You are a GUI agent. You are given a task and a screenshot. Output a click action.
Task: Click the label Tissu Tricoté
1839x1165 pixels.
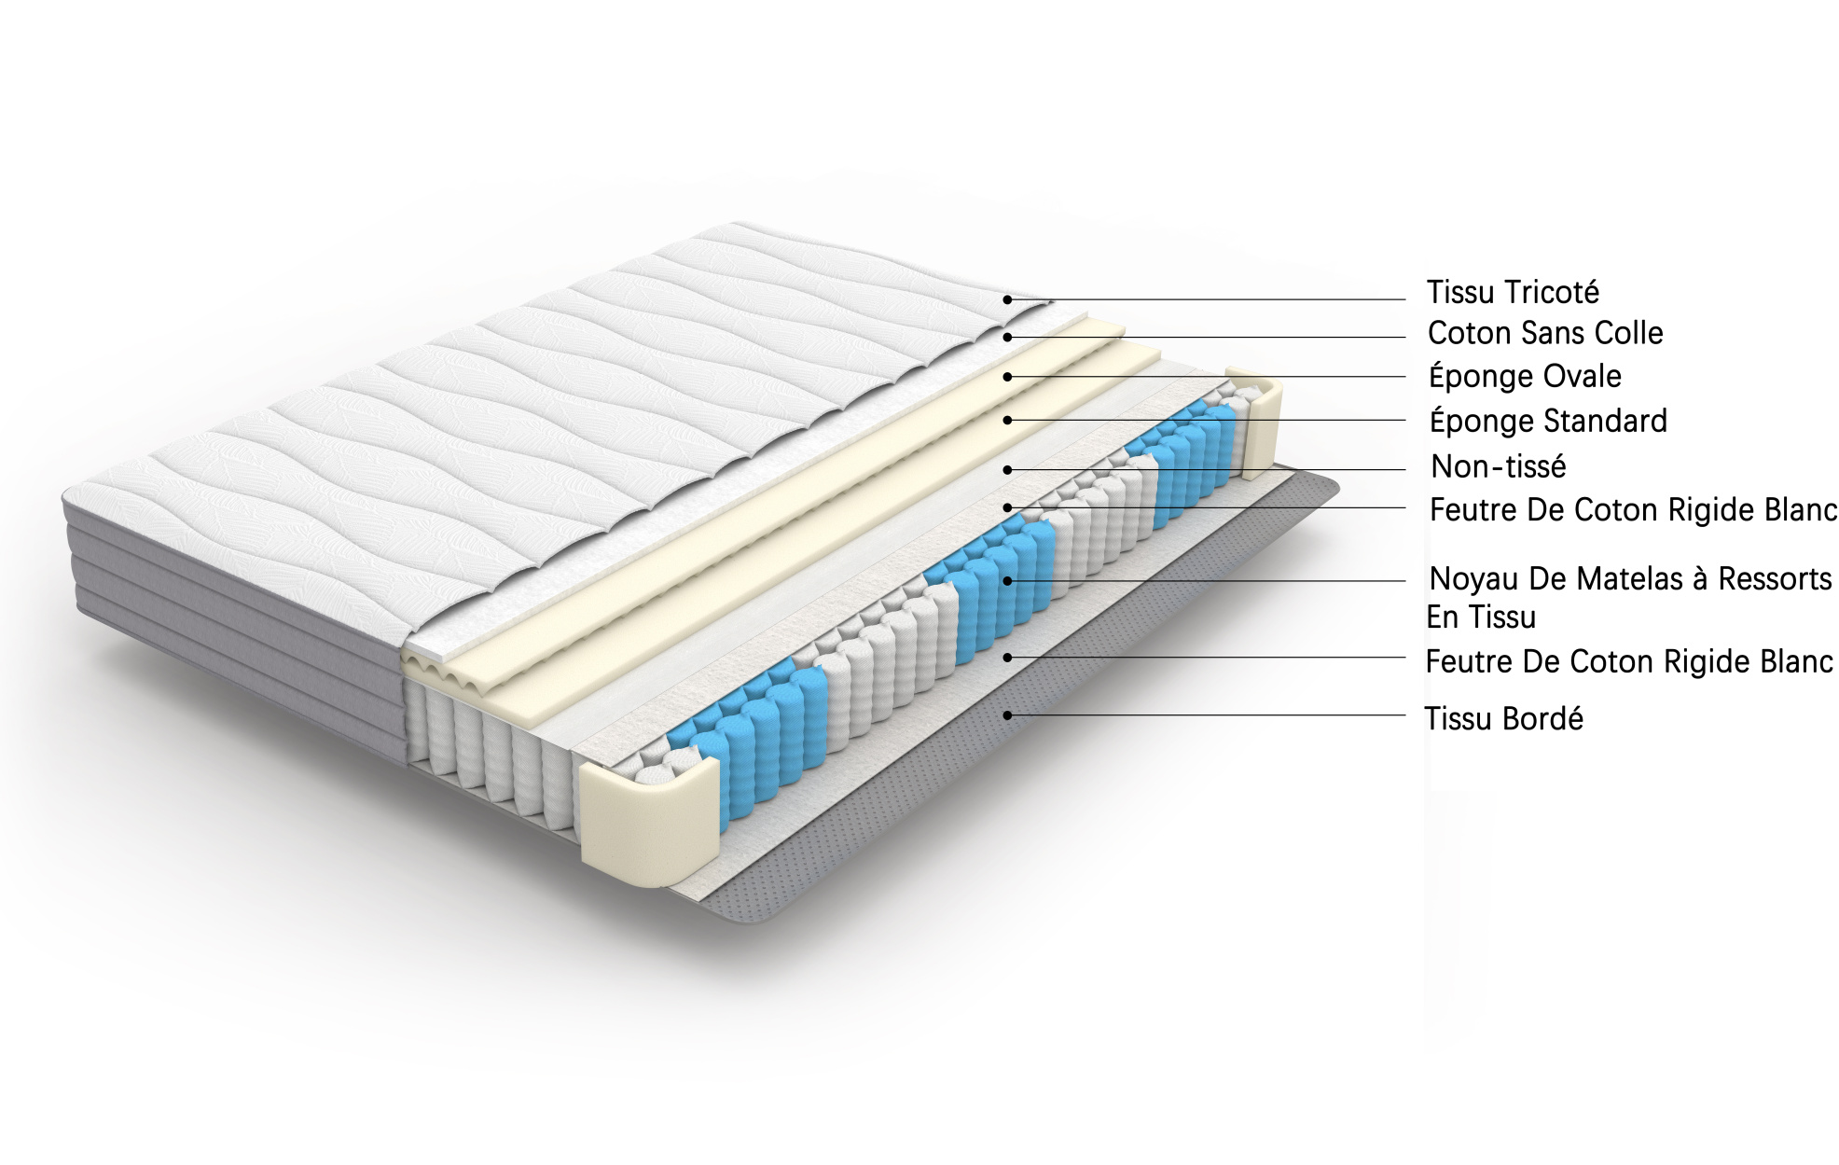pos(1513,293)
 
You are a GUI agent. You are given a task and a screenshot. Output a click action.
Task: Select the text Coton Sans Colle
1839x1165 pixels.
pos(1545,333)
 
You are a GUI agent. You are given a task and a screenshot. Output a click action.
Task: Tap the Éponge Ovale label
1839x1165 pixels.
pos(1525,377)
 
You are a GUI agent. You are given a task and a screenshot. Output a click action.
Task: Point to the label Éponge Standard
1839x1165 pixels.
pos(1548,421)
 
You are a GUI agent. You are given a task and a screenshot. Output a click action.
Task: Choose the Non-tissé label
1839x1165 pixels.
pos(1499,465)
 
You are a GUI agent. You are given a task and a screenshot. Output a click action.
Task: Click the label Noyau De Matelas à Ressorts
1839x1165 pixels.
pos(1630,579)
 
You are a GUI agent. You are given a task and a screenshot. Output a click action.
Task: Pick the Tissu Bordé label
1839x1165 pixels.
pos(1503,719)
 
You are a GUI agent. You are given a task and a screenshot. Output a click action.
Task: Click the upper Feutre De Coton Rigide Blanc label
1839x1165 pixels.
pos(1633,510)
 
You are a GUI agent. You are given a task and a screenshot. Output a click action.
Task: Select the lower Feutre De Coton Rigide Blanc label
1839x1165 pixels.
pos(1629,662)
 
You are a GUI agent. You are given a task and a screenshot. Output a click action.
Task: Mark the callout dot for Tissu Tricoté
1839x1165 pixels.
pos(1007,299)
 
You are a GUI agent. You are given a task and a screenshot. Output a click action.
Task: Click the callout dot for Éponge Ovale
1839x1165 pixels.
pos(1007,377)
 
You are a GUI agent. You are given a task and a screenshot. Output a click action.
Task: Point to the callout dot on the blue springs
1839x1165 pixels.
pos(1007,581)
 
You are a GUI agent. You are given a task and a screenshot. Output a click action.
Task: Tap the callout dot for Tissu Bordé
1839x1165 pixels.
pos(1007,715)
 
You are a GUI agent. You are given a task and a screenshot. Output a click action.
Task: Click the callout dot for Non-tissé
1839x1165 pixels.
pos(1007,470)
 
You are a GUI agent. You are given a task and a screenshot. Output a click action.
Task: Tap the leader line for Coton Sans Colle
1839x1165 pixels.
pos(1207,338)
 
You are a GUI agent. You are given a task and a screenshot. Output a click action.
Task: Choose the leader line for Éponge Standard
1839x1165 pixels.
pos(1207,421)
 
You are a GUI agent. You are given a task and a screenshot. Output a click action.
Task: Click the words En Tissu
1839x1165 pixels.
pos(1481,617)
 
